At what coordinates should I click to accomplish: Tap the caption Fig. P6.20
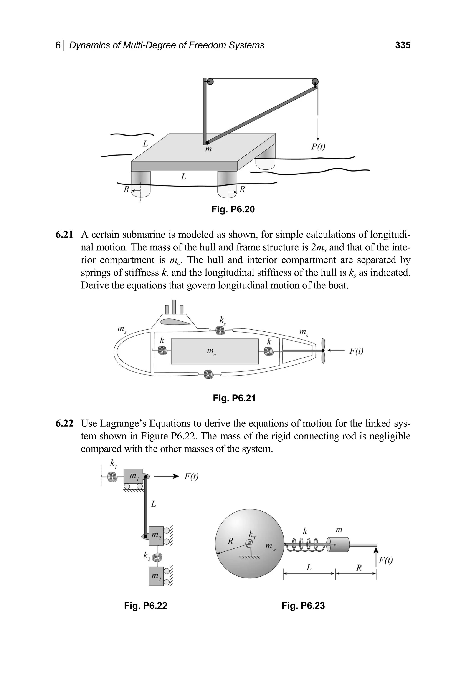click(x=233, y=209)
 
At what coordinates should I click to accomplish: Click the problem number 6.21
click(x=64, y=235)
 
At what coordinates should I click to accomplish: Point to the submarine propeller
click(x=323, y=351)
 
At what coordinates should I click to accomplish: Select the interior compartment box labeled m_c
click(x=215, y=351)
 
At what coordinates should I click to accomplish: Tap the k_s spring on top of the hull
click(x=220, y=330)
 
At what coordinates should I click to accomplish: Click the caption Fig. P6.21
click(x=234, y=398)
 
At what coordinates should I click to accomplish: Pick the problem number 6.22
click(x=64, y=423)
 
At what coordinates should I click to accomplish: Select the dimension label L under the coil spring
click(x=309, y=568)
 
